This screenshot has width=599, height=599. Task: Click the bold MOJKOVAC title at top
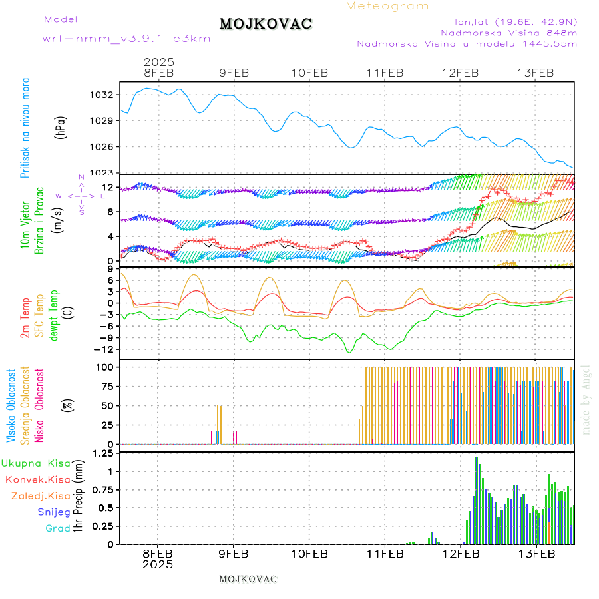(x=266, y=24)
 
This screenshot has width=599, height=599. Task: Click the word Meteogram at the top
(x=387, y=6)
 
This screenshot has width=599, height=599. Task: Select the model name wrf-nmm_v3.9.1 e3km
(x=126, y=39)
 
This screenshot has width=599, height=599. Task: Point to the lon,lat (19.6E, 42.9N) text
(x=515, y=21)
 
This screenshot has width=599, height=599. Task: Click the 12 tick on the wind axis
(x=108, y=188)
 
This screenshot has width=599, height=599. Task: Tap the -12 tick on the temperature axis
(x=103, y=349)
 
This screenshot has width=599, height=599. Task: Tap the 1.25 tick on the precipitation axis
(x=103, y=454)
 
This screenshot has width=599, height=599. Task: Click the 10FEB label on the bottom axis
(x=309, y=553)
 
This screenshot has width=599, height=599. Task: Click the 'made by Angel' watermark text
(x=586, y=399)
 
